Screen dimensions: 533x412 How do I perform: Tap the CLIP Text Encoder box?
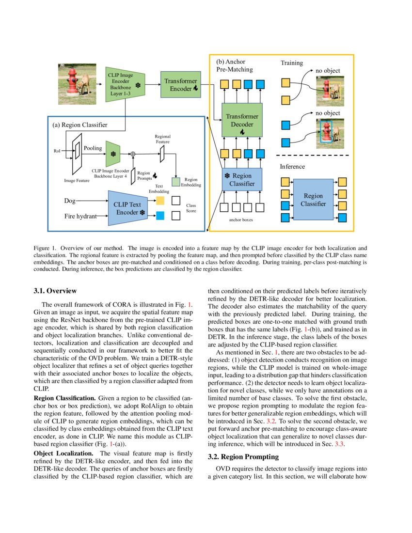(x=127, y=208)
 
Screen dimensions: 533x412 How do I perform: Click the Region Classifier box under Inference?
(x=313, y=199)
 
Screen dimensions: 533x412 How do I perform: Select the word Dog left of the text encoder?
(x=70, y=200)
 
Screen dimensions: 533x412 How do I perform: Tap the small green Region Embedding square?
(x=176, y=182)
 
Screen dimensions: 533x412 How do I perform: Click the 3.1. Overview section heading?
(x=55, y=291)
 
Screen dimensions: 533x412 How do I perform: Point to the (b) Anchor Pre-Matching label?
(x=234, y=65)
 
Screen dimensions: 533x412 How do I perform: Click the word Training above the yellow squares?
(x=292, y=63)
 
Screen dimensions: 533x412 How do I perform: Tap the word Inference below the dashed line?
(x=292, y=167)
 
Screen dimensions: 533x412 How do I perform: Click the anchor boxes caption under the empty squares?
(x=241, y=219)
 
